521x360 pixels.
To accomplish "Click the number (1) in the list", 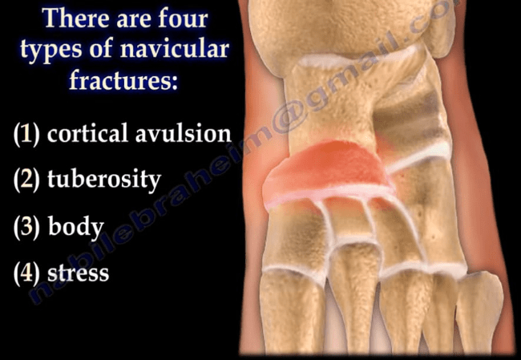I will [27, 133].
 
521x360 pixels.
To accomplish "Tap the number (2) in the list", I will [27, 180].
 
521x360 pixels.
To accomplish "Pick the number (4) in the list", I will [27, 273].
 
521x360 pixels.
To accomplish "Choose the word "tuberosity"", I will [104, 180].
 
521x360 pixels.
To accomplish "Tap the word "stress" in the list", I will [78, 273].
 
